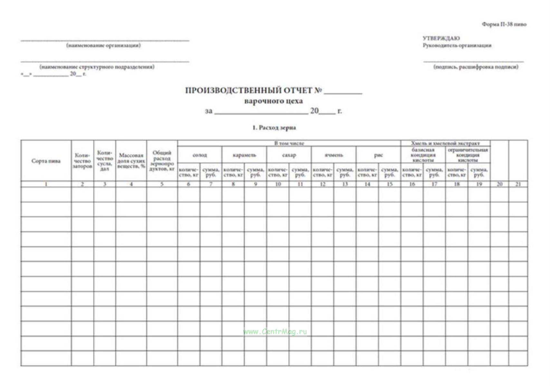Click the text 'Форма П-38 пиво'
click(504, 24)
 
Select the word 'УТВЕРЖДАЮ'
click(441, 38)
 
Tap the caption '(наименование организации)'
click(103, 45)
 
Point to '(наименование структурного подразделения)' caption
click(97, 67)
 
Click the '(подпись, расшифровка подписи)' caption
click(476, 67)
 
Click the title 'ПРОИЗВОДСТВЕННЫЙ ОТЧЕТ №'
click(253, 90)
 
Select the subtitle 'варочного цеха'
click(273, 101)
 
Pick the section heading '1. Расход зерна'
click(274, 128)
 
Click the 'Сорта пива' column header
click(46, 161)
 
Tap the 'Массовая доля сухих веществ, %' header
click(131, 161)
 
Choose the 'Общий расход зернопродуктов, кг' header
click(162, 161)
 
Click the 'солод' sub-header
click(200, 155)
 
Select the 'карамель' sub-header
click(244, 155)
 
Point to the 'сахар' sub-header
click(289, 155)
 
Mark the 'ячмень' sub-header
click(334, 155)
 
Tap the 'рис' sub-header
click(378, 155)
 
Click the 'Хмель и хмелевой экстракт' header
click(445, 143)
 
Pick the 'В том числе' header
click(289, 143)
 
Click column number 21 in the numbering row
click(518, 184)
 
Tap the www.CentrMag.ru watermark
click(275, 332)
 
